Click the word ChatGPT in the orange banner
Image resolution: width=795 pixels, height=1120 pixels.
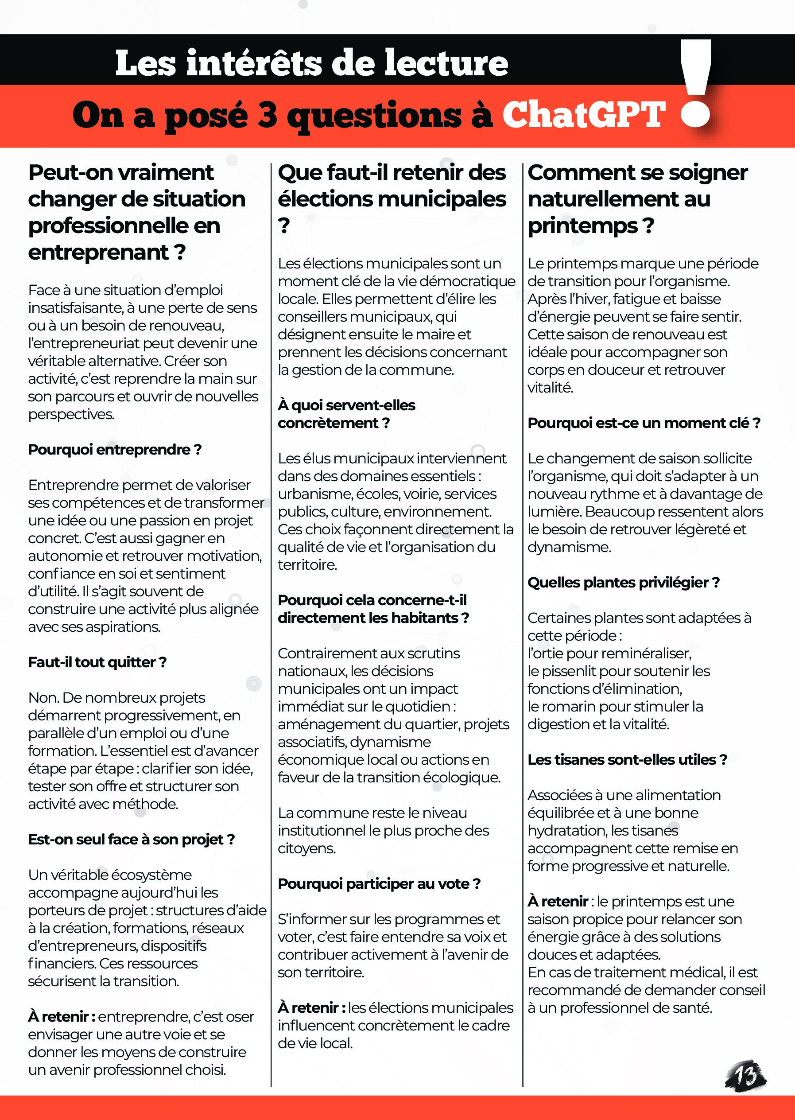click(x=584, y=115)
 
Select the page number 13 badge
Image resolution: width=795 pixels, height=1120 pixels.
click(x=745, y=1076)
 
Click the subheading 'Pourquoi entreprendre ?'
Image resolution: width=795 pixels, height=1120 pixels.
click(x=115, y=450)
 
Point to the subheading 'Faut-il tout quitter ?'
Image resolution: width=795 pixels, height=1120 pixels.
click(x=97, y=662)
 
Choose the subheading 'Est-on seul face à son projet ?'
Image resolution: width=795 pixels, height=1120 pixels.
click(x=131, y=840)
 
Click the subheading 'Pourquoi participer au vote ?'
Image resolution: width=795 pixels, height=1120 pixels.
click(x=379, y=883)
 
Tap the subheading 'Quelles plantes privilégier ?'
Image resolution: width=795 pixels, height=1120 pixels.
click(x=623, y=582)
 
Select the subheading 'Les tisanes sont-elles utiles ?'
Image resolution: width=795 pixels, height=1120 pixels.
click(x=627, y=759)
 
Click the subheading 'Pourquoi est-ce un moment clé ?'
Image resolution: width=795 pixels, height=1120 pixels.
click(x=644, y=423)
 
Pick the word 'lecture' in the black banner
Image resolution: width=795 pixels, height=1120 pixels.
click(x=446, y=64)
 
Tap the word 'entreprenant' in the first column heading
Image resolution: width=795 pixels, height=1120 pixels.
click(x=98, y=253)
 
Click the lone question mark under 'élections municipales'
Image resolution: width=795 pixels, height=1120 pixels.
click(x=284, y=226)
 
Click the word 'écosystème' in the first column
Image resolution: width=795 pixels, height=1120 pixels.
click(x=155, y=875)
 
